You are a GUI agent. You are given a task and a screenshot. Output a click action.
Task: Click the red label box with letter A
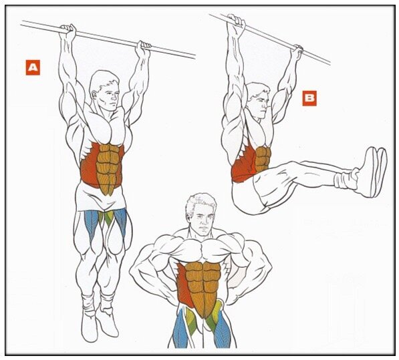coord(33,67)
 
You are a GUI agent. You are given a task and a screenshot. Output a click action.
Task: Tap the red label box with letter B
coord(309,98)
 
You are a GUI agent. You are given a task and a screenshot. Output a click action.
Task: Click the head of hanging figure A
coord(105,89)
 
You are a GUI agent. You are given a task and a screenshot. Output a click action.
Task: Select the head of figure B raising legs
coord(257,101)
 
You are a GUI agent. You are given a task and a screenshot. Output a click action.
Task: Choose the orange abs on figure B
coord(263,160)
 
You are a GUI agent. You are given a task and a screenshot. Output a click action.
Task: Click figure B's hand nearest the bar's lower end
coord(297,51)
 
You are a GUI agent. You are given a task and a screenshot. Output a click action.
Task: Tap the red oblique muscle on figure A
coord(90,165)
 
